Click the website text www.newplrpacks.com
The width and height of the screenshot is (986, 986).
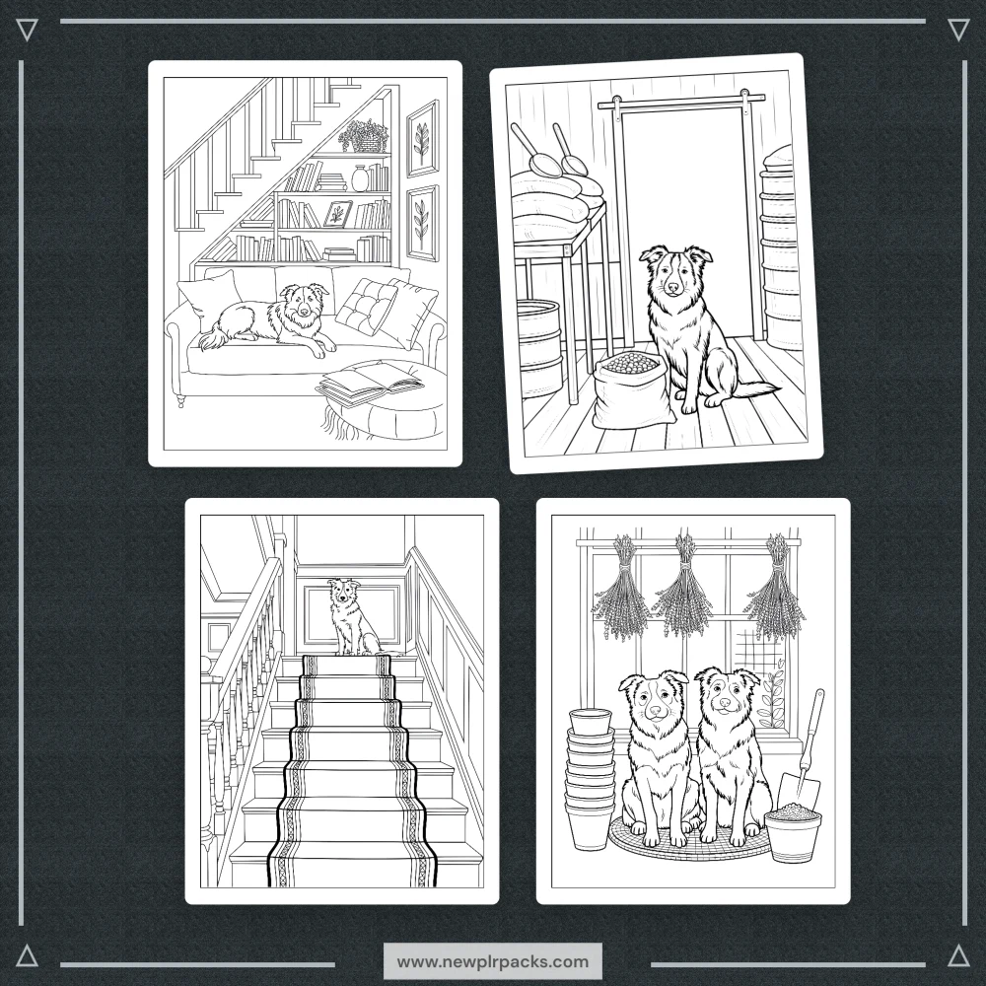tap(493, 961)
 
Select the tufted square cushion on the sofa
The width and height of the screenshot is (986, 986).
tap(366, 307)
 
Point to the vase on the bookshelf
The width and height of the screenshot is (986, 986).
tap(359, 177)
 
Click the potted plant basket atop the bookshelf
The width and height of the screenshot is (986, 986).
tap(365, 136)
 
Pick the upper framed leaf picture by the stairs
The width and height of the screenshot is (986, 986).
tap(423, 138)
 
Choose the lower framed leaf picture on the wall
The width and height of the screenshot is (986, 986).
tap(422, 223)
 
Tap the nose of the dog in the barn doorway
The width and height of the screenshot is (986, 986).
tap(672, 288)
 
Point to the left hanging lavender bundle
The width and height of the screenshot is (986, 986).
tap(620, 587)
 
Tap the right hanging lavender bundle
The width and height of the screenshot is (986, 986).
tap(775, 587)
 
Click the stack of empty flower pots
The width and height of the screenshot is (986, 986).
tap(590, 779)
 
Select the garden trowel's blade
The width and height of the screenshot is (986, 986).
tap(800, 791)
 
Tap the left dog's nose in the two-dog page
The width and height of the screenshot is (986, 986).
tap(656, 712)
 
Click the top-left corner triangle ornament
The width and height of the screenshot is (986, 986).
tap(27, 30)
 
